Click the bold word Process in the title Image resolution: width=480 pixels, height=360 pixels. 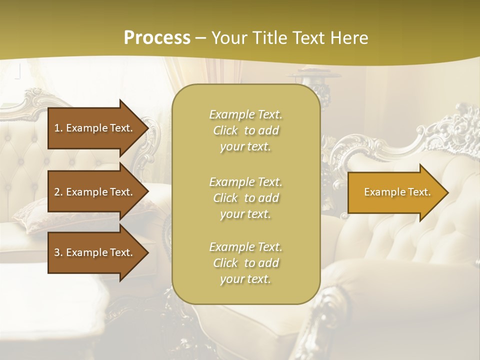coord(157,37)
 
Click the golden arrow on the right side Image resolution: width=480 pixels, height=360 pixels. coord(395,192)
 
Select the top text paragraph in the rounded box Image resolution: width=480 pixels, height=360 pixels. coord(245,130)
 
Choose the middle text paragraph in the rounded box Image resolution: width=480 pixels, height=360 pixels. coord(245,198)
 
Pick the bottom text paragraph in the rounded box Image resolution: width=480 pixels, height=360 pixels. coord(245,263)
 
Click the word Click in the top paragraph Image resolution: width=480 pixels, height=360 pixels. coord(225,130)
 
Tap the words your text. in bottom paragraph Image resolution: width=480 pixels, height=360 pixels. coord(245,279)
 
